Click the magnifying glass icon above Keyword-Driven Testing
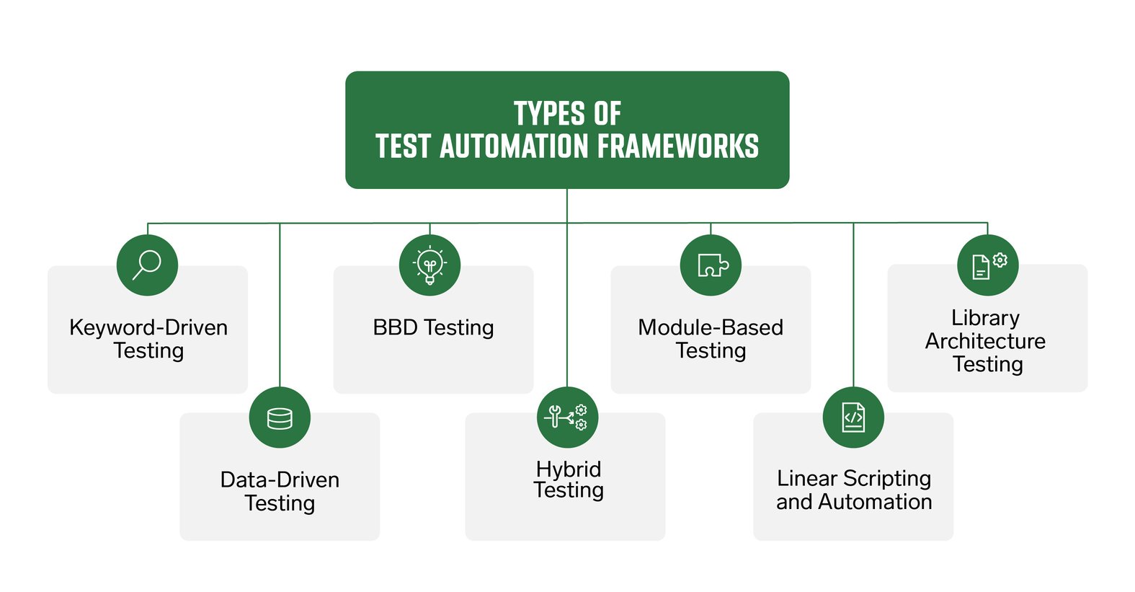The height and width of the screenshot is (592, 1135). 147,265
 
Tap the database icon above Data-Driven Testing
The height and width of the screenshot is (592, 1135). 280,418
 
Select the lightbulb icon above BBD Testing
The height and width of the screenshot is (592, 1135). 429,265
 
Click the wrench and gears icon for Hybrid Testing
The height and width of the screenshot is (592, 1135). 567,418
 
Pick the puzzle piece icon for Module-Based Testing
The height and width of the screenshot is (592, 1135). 711,265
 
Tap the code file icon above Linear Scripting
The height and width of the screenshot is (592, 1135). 853,418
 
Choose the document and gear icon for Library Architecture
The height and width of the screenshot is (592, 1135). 987,265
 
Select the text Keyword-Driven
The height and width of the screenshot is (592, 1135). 148,327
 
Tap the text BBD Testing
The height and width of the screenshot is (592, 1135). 433,327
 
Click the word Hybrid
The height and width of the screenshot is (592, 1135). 568,469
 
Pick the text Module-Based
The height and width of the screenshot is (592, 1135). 711,327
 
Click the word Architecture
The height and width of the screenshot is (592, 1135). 985,340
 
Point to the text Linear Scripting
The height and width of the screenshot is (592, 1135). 854,478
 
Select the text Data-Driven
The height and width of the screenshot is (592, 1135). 280,480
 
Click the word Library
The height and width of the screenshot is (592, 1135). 985,317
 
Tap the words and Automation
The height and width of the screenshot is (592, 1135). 854,501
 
